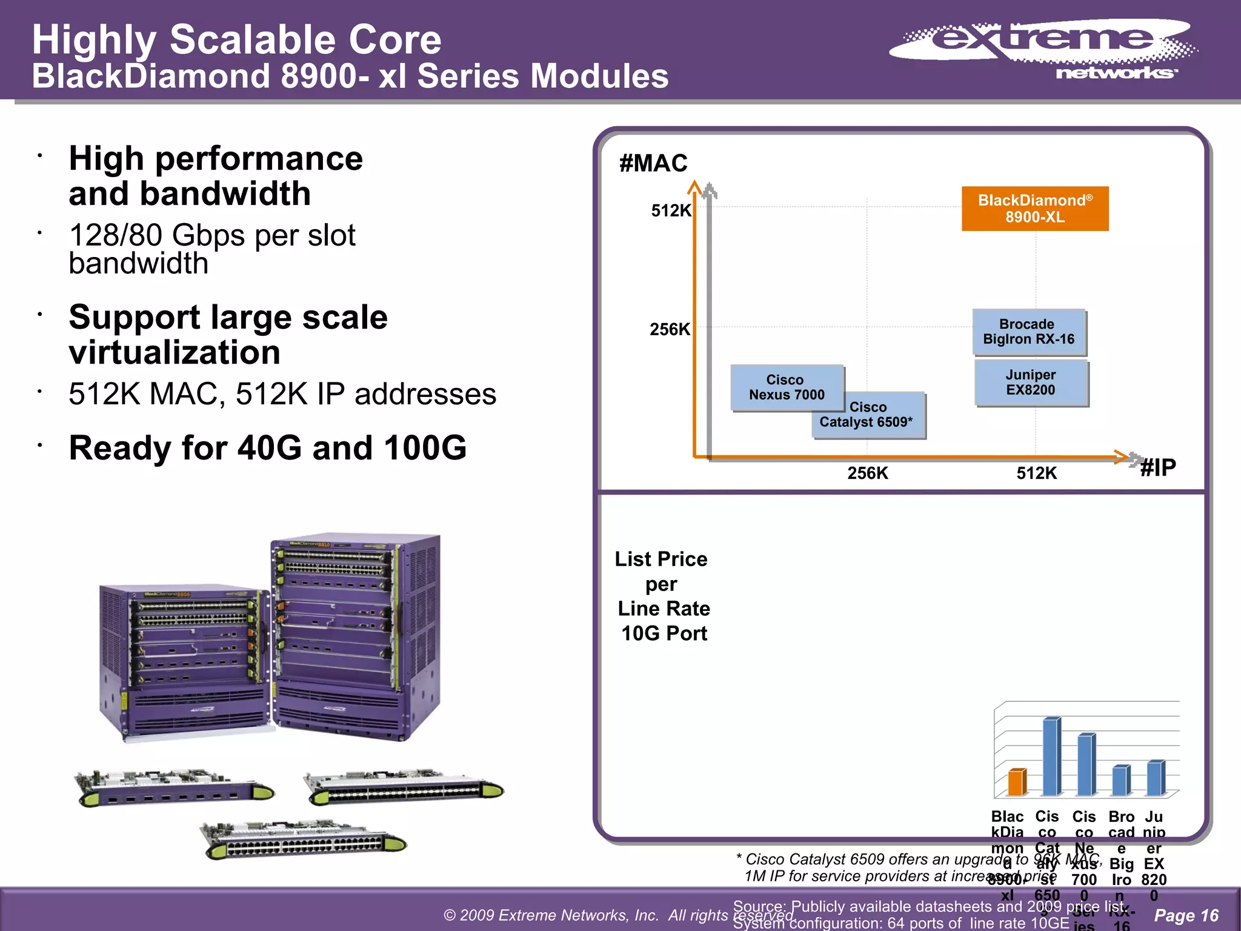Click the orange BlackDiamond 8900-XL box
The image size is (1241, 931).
coord(1035,209)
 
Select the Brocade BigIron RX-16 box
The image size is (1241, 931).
coord(1029,332)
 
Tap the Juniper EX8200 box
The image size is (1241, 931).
coord(1031,382)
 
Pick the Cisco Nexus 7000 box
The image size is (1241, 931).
coord(786,387)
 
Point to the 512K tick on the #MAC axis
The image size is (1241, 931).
coord(671,211)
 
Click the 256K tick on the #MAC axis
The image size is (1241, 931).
coord(670,330)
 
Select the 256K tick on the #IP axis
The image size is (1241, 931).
coord(867,473)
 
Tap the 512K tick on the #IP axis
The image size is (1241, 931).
coord(1036,473)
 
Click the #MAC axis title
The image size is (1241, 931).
coord(653,163)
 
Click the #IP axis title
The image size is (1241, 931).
coord(1157,467)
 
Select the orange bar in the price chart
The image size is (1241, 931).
coord(1017,782)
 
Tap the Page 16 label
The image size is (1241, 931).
coord(1186,915)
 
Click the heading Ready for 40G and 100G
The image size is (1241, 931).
coord(267,448)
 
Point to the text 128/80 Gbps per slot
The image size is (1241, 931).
coord(212,236)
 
